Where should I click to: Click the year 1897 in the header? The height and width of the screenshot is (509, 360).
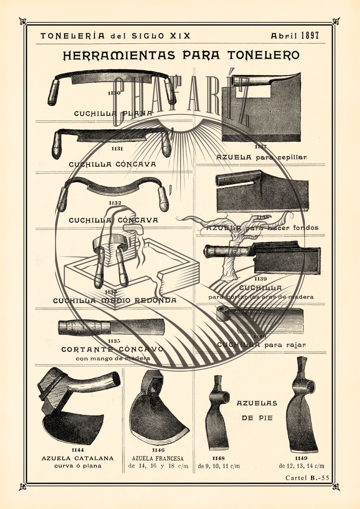pos(310,35)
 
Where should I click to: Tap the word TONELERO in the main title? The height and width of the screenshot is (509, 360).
pos(263,55)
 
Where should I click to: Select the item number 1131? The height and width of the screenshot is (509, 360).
pos(117,149)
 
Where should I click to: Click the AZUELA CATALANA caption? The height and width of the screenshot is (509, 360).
pos(78,458)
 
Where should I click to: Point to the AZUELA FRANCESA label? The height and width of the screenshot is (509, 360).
pos(158,458)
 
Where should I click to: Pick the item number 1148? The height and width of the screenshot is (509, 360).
pos(219,458)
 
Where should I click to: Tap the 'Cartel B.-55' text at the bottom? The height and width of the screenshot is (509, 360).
pos(307,478)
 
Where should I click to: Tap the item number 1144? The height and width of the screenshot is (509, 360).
pos(78,450)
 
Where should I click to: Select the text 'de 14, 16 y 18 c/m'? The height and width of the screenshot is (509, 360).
pos(158,466)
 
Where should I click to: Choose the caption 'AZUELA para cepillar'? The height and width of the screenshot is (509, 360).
pos(261,157)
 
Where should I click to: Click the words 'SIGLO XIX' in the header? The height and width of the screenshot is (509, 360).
pos(161,36)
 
